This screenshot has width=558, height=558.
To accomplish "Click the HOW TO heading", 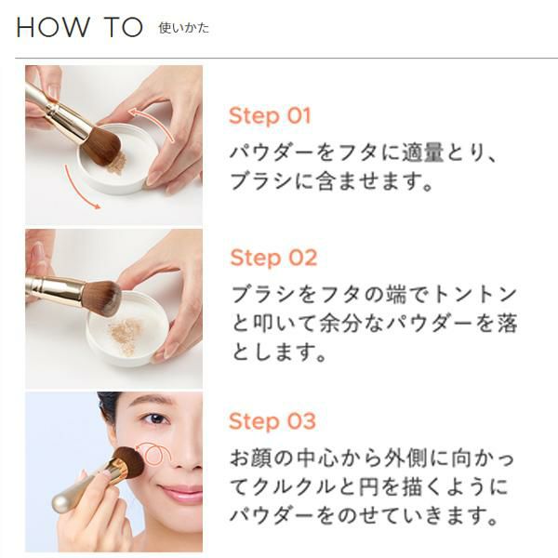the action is click(x=80, y=27).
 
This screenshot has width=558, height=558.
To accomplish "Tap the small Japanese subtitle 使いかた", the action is click(x=183, y=28).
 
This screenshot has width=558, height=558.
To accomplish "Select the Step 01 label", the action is click(x=270, y=116).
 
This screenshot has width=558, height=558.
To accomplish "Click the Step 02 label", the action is click(x=273, y=258).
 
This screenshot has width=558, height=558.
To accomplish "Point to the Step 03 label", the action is click(x=272, y=421).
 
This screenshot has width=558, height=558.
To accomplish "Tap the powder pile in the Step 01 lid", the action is click(x=117, y=165).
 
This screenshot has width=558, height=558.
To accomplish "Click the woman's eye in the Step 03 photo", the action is click(x=156, y=418).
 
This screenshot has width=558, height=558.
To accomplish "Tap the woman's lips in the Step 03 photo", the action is click(x=180, y=493).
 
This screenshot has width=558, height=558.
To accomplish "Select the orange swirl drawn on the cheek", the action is click(x=153, y=454).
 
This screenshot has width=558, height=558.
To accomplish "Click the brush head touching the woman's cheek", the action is click(x=129, y=462).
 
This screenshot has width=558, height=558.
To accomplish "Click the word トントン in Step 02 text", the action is click(x=476, y=294).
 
